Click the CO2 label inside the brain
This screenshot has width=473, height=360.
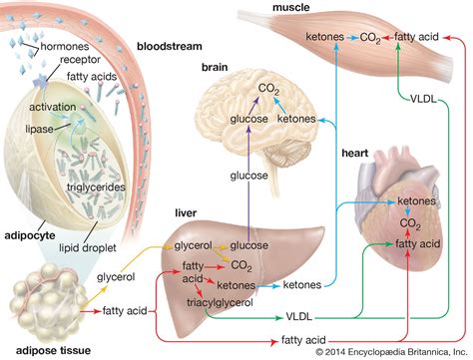point(268,90)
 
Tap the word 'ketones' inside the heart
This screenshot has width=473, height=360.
point(416,200)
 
